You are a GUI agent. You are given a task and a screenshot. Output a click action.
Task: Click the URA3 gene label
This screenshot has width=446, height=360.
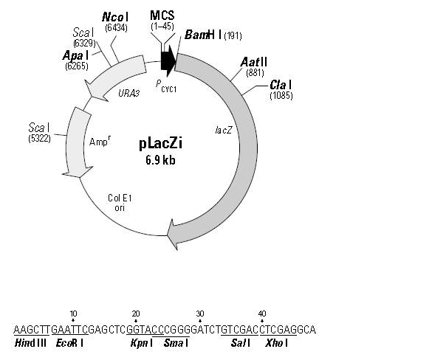(128, 94)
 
